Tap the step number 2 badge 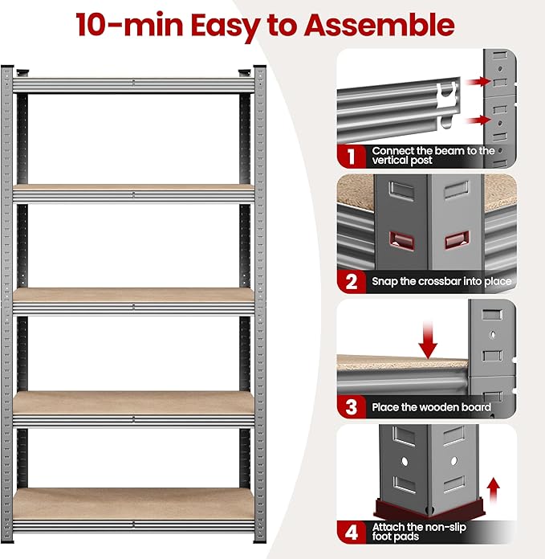click(351, 281)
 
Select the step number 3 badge click(351, 406)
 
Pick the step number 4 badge click(351, 532)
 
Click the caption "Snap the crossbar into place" click(441, 282)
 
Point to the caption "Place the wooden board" click(431, 407)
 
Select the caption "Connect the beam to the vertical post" click(433, 155)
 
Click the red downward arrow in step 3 click(429, 340)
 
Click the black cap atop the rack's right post click(260, 67)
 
